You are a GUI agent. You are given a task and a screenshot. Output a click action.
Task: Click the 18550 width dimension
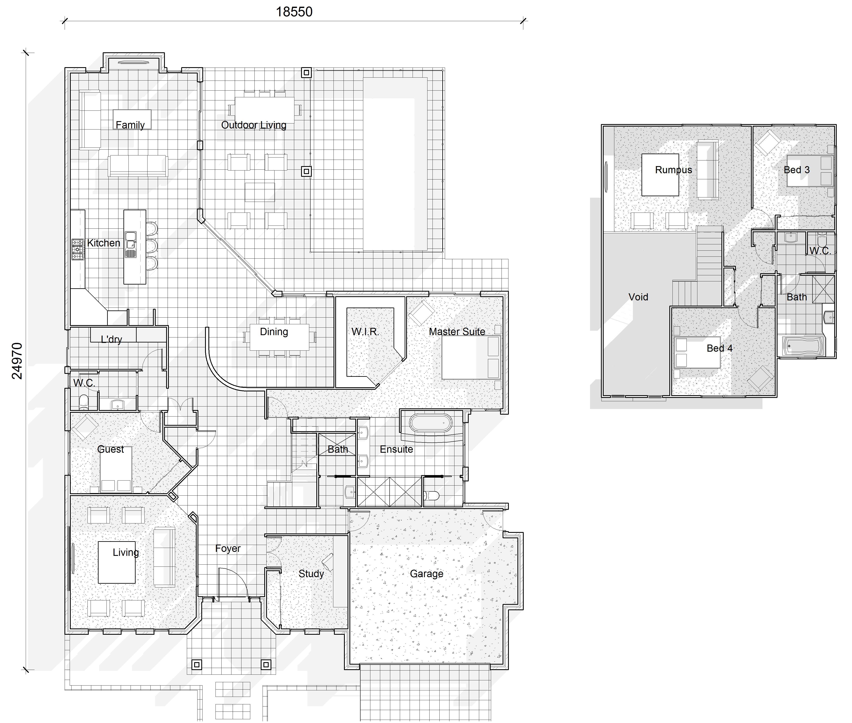pyautogui.click(x=294, y=12)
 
